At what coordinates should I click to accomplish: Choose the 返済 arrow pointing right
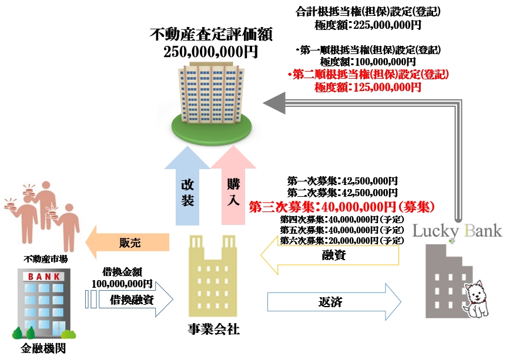[333, 302]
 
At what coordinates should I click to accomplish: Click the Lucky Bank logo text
[457, 230]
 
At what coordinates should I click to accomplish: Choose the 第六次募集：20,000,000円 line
[342, 240]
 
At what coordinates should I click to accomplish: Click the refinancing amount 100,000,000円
[122, 283]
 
